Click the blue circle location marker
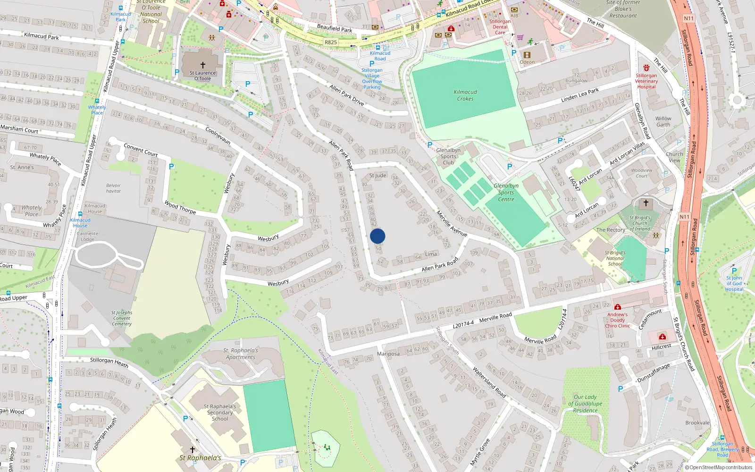point(377,236)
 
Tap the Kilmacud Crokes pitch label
point(465,95)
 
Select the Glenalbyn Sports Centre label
point(506,193)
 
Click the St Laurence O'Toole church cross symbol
point(203,65)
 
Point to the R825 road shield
point(331,42)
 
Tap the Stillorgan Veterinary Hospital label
point(646,81)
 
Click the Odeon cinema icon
point(528,55)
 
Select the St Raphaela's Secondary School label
point(220,412)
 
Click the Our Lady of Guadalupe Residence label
point(585,404)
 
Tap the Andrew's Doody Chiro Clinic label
point(617,320)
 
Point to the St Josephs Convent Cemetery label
point(122,318)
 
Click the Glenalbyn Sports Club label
point(448,156)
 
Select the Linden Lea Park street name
point(580,94)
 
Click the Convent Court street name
point(141,150)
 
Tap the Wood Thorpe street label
point(180,207)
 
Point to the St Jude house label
point(377,176)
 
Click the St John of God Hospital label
point(734,283)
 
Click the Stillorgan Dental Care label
point(500,27)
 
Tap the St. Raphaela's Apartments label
point(241,354)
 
